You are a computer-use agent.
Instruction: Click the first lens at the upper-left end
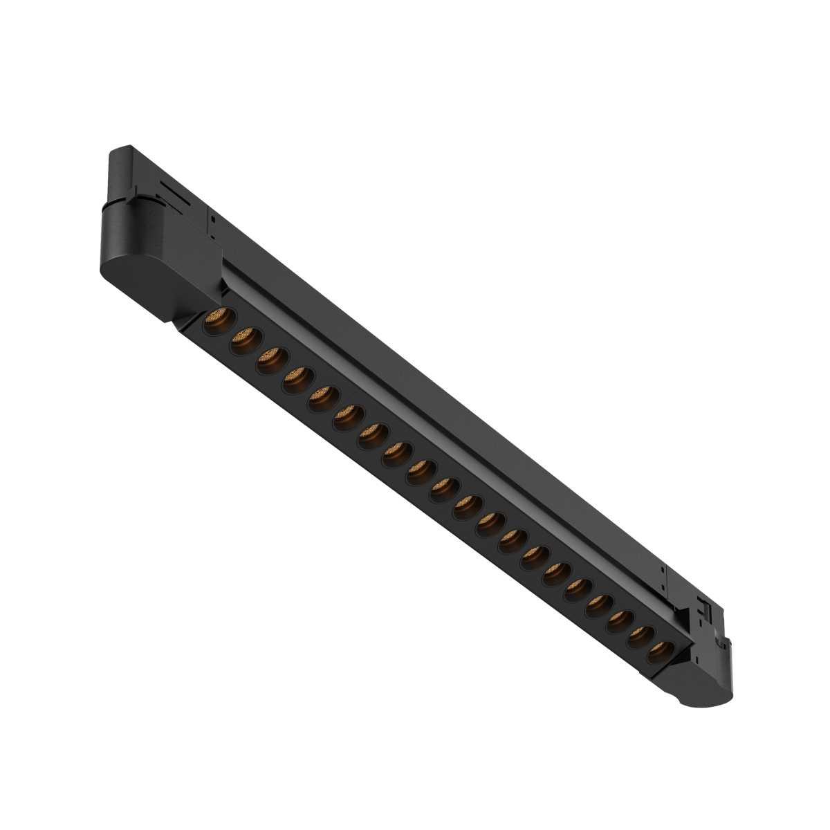[220, 321]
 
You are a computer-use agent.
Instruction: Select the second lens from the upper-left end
[246, 341]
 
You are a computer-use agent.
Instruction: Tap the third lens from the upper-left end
[272, 360]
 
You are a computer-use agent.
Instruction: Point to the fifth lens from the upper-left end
[323, 398]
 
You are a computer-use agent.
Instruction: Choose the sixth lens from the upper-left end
[348, 417]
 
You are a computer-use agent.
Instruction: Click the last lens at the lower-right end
[660, 652]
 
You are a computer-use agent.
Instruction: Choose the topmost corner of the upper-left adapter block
[124, 147]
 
